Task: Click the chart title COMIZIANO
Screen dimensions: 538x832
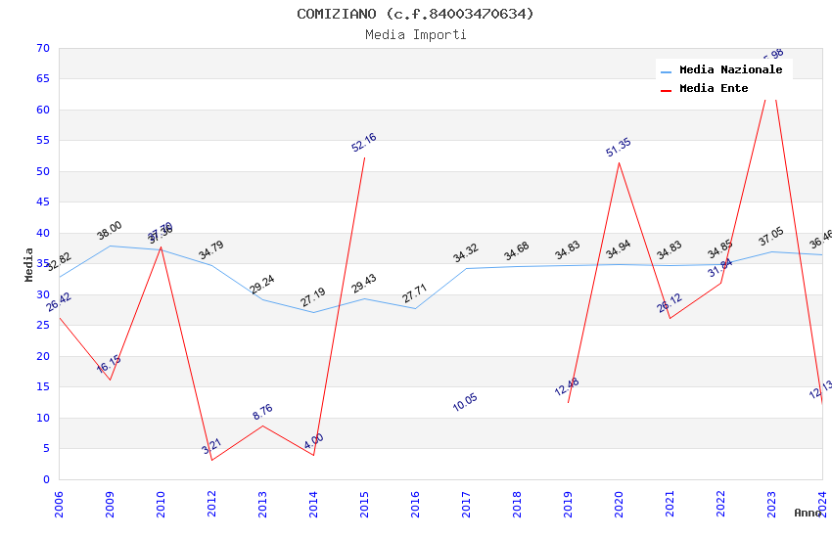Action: tap(415, 14)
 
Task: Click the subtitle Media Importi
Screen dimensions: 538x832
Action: tap(415, 35)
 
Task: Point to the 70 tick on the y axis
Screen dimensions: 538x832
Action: tap(41, 48)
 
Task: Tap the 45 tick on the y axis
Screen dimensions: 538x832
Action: tap(41, 202)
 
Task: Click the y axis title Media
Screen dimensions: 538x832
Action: tap(29, 264)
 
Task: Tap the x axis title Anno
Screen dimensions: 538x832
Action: tap(808, 513)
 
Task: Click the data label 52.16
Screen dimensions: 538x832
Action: tap(364, 143)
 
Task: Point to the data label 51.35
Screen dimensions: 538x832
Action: tap(619, 148)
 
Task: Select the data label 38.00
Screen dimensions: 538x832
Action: tap(110, 231)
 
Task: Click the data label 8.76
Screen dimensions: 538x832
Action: tap(262, 412)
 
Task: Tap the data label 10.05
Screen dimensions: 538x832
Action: tap(465, 402)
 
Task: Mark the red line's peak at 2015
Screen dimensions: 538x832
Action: tap(364, 157)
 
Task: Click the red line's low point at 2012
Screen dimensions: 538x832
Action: tap(211, 460)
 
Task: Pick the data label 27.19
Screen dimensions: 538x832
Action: tap(313, 297)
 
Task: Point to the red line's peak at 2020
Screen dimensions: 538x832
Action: tap(619, 162)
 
